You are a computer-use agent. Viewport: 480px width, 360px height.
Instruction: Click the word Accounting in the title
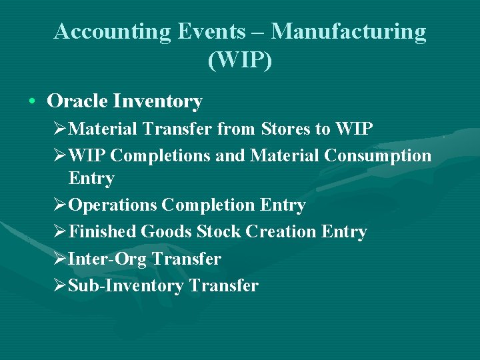tap(112, 32)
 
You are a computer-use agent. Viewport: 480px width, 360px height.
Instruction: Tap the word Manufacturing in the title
tap(349, 32)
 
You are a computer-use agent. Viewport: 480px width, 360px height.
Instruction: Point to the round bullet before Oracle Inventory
tap(32, 102)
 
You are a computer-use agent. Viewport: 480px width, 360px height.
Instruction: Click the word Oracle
tap(77, 101)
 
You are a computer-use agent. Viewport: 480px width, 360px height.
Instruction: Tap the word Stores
tap(285, 129)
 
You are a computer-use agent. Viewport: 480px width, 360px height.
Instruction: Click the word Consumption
tap(378, 155)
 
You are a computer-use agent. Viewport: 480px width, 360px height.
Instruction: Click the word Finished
tap(103, 232)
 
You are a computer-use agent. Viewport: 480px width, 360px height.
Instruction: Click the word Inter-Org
tap(106, 259)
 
